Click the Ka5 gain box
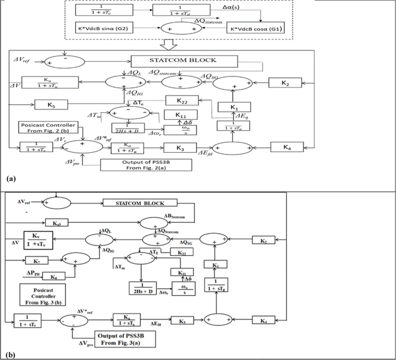point(55,222)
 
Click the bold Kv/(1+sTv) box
point(38,239)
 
